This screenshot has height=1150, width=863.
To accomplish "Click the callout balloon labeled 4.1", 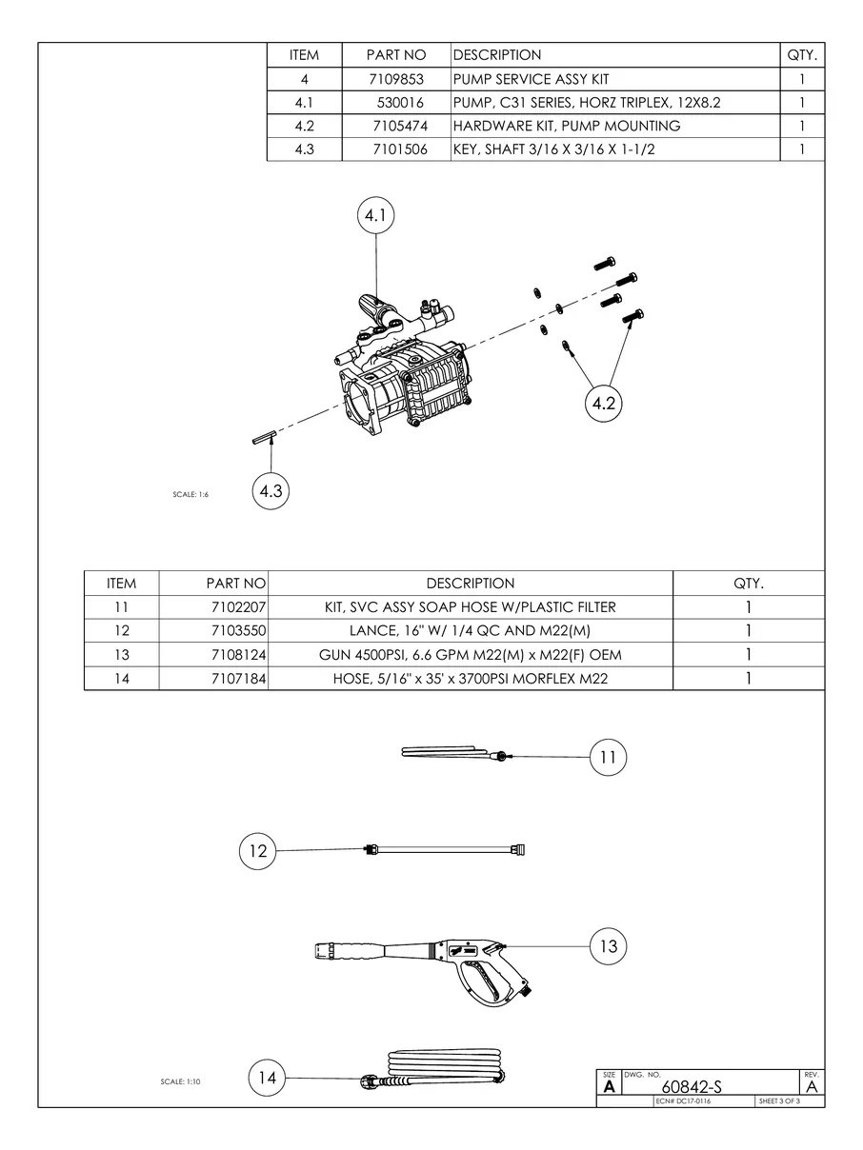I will coord(375,217).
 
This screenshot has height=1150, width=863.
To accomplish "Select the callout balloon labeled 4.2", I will coord(603,404).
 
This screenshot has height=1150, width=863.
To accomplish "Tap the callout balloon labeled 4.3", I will coord(271,491).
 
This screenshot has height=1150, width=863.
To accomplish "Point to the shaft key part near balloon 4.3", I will coord(264,437).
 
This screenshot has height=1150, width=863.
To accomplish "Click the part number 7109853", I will coord(396,79).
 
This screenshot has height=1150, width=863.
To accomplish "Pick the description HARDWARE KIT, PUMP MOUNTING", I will coord(566,126).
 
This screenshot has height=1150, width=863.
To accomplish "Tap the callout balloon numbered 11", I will coord(609,758).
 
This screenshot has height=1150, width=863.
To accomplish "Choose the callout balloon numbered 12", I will coord(258,850).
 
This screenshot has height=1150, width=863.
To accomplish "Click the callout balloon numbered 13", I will coord(609,946).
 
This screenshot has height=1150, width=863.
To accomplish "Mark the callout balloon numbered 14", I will coord(268,1078).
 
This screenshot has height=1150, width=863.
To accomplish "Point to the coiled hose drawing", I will coord(448,1068).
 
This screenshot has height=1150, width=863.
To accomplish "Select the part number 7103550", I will coord(235,631).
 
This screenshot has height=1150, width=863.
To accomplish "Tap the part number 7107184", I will coord(235,679).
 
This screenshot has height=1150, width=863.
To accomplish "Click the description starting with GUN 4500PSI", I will coord(471,655).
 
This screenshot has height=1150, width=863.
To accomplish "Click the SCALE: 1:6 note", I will coord(191,495).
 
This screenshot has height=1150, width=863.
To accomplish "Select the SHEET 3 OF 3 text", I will coord(779,1101).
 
